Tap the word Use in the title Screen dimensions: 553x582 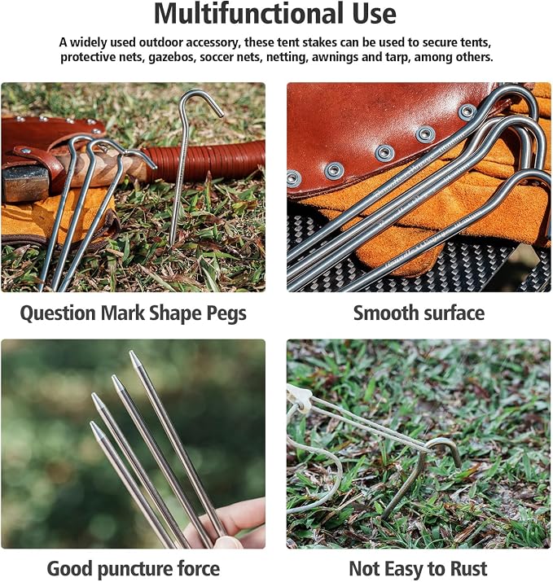(x=372, y=14)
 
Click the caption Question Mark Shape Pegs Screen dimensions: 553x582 (x=133, y=313)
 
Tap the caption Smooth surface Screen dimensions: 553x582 (x=419, y=313)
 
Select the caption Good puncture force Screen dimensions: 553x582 (x=133, y=568)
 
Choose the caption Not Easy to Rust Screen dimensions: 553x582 (x=418, y=568)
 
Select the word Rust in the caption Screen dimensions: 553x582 (x=468, y=568)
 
